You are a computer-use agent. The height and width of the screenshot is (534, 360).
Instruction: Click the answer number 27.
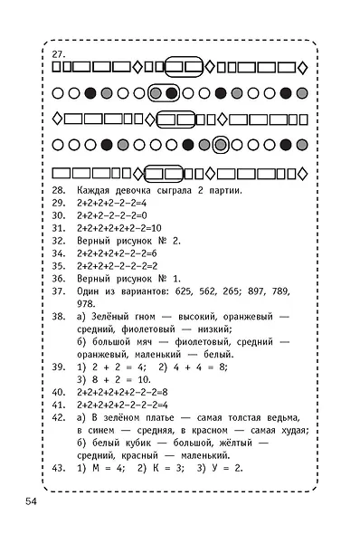58,54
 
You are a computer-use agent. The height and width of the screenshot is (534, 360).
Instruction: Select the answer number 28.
58,191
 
